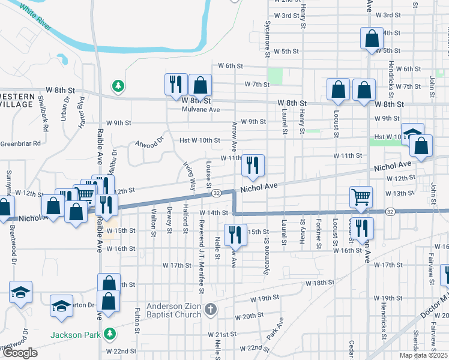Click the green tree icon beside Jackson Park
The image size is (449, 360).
pos(109,333)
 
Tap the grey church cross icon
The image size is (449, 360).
pos(210,310)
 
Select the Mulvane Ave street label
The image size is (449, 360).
pos(201,110)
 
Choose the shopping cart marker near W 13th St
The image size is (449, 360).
pos(361,197)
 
